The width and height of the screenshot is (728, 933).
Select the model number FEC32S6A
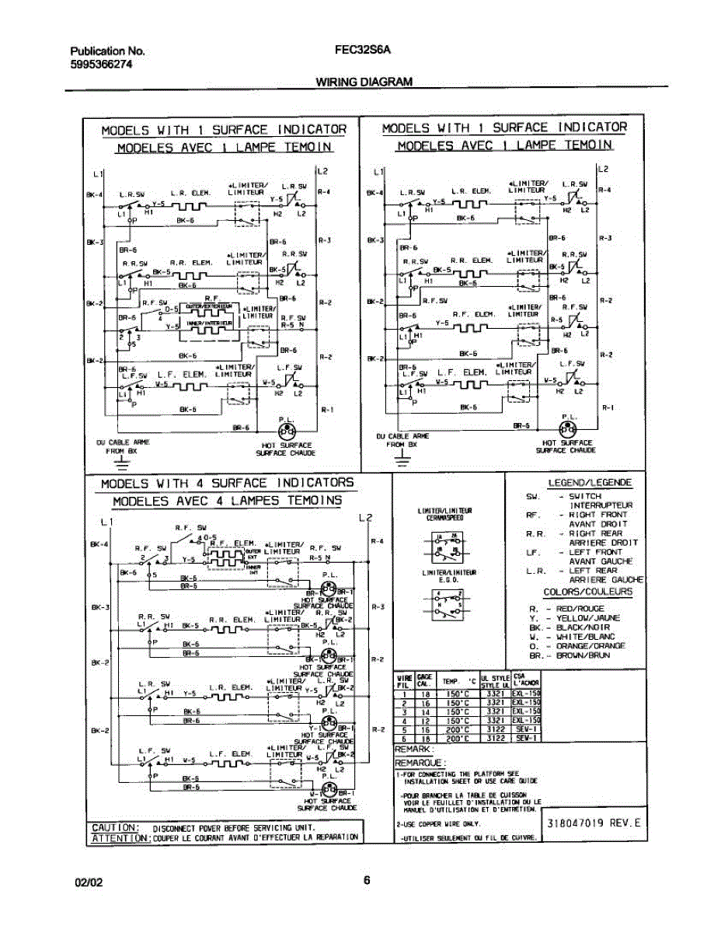point(364,51)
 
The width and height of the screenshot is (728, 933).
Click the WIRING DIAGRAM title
point(364,82)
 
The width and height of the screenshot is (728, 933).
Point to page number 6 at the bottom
point(367,881)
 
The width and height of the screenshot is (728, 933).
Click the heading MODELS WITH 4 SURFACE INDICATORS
point(228,483)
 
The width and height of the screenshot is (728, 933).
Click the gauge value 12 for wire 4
point(425,721)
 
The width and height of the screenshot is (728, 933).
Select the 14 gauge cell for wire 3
point(425,711)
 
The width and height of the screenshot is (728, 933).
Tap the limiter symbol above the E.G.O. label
point(441,604)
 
